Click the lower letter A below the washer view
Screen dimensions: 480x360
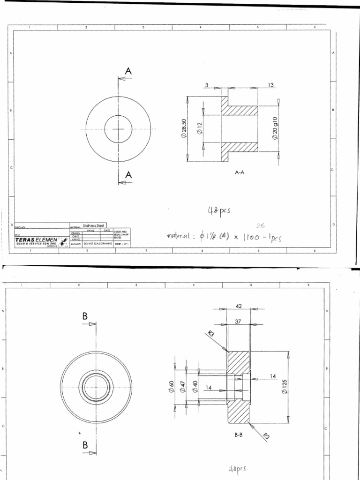coord(128,175)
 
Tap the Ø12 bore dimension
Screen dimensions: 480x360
coord(199,128)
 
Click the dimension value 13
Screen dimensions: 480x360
coord(270,85)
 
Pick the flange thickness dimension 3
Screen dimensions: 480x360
coord(206,85)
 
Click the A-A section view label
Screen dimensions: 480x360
coord(240,172)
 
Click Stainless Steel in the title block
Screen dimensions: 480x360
coord(94,225)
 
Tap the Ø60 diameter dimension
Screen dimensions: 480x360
coord(172,387)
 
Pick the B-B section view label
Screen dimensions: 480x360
coord(239,435)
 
